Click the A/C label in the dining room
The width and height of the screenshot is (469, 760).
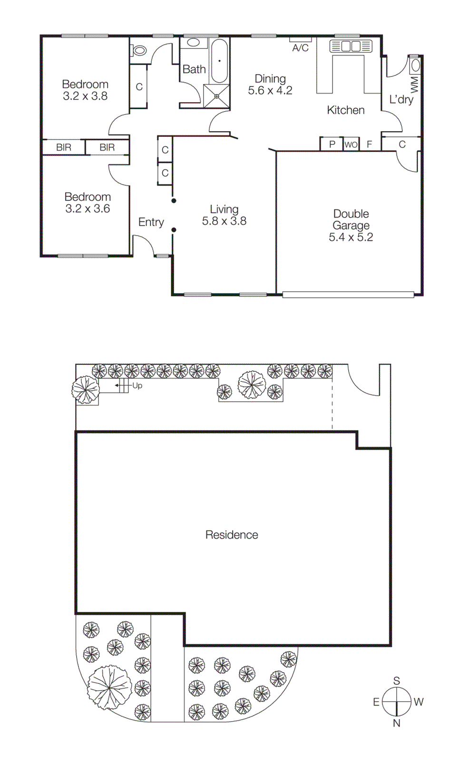click(x=300, y=48)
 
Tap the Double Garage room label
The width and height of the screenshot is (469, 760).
click(x=351, y=219)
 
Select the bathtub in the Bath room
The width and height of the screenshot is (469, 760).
click(x=219, y=61)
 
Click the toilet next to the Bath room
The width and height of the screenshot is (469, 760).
click(x=139, y=49)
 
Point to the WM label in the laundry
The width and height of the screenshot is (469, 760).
click(x=414, y=85)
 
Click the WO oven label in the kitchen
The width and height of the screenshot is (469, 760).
click(x=351, y=144)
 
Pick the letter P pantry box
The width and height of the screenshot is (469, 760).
click(x=332, y=144)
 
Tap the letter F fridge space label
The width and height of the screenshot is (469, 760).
click(x=369, y=144)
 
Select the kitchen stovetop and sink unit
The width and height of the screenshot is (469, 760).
click(x=351, y=46)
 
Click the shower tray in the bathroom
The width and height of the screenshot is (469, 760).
click(x=216, y=96)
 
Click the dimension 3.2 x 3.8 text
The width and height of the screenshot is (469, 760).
click(x=85, y=96)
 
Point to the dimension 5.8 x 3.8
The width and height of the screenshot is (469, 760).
click(x=224, y=221)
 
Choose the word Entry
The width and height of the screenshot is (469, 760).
click(x=151, y=222)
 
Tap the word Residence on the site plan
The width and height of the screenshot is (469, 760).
click(x=232, y=535)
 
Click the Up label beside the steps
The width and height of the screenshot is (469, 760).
click(x=137, y=386)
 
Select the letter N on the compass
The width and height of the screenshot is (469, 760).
click(x=396, y=723)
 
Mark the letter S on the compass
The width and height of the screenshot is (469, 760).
click(x=396, y=681)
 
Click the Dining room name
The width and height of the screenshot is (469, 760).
click(x=270, y=78)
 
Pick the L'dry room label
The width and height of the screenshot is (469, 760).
click(x=401, y=99)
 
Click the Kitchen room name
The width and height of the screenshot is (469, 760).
click(x=346, y=110)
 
